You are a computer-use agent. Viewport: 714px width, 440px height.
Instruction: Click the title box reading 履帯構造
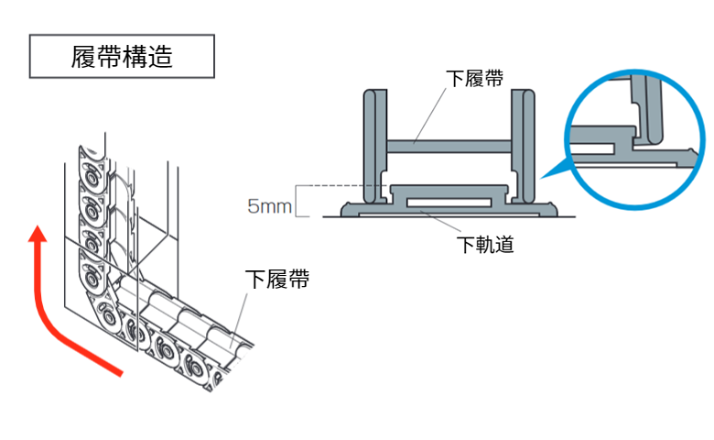pos(123,57)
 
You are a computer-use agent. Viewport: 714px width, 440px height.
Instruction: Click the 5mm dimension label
pos(269,205)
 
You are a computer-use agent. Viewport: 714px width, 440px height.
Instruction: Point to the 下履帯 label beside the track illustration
pos(276,279)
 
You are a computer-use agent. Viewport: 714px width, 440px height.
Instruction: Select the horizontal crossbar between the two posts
pos(449,144)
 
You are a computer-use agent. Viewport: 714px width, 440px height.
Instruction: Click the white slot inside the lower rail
pos(448,199)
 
